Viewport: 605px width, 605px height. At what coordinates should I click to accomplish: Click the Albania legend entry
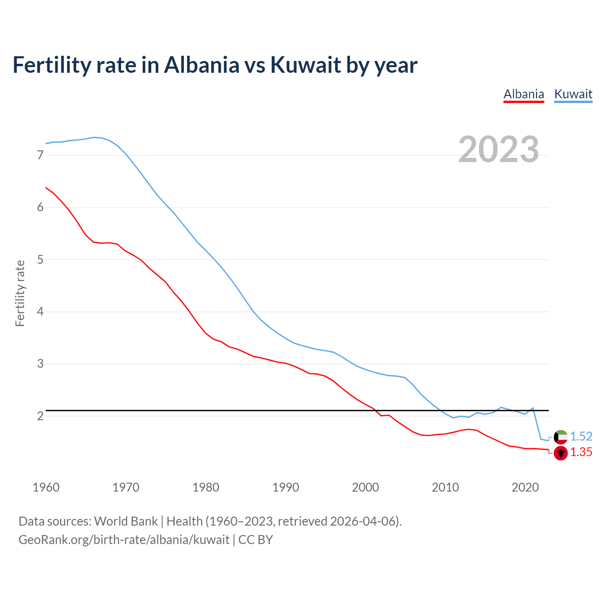click(524, 94)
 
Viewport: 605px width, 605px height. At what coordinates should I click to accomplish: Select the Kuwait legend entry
click(573, 94)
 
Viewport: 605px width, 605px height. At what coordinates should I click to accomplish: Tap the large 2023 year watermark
click(498, 149)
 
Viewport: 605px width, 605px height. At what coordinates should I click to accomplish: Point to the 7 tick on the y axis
click(40, 155)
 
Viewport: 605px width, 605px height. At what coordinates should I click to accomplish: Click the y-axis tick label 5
click(40, 259)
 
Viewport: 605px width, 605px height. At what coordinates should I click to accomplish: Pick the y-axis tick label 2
click(40, 416)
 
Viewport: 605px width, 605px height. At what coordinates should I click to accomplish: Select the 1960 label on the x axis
click(46, 487)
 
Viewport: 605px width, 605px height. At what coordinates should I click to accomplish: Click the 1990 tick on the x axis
click(285, 487)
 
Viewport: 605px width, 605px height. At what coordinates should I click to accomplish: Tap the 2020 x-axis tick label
click(525, 487)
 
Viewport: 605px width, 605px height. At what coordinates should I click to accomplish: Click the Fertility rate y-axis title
click(20, 293)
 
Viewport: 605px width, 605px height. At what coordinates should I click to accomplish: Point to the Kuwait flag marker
click(561, 437)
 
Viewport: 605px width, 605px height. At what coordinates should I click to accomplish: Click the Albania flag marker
click(561, 453)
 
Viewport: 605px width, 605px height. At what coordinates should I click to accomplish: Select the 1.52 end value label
click(581, 436)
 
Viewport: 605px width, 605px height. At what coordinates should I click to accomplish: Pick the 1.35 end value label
click(581, 452)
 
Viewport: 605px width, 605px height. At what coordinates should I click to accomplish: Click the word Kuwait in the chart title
click(305, 65)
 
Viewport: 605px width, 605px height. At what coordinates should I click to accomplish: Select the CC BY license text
click(256, 540)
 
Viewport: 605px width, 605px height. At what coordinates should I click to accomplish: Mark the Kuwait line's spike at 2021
click(533, 407)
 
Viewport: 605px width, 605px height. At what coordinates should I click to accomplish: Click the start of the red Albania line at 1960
click(46, 188)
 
